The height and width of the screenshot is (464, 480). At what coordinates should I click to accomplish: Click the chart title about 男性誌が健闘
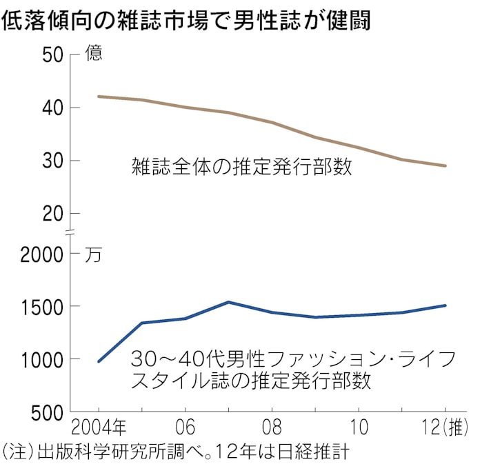point(186,20)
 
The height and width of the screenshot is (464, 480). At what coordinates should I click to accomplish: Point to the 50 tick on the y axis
point(53,55)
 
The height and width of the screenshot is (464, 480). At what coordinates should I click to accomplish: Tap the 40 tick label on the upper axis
point(53,108)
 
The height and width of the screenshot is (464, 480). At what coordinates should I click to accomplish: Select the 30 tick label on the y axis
point(53,161)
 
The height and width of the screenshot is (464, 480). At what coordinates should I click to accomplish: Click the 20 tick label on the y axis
point(53,214)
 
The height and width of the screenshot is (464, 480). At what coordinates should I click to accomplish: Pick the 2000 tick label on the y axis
point(42,254)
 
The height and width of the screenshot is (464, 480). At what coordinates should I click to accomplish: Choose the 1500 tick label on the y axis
point(42,307)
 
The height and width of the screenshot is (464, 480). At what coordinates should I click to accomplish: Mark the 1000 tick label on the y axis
point(42,359)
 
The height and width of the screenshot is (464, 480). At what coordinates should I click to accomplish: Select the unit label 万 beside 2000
point(93,255)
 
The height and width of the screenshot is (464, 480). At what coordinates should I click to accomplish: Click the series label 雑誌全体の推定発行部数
point(241,166)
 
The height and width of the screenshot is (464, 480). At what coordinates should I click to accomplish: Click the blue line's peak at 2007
point(228,302)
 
